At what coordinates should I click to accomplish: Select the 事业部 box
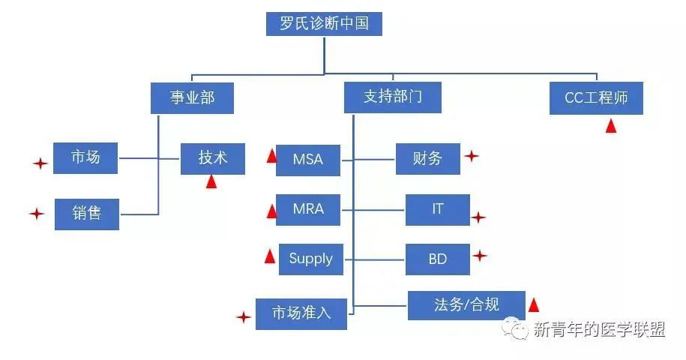[x=192, y=98]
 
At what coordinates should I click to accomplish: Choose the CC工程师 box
[x=596, y=98]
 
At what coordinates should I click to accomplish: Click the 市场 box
[x=85, y=158]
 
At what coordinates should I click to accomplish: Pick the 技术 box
[x=213, y=158]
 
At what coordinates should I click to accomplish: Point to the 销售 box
[x=87, y=214]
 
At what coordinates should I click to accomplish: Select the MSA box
[x=309, y=160]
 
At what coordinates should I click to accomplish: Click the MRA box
[x=308, y=209]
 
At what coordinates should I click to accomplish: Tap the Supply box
[x=310, y=259]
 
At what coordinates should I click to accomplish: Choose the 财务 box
[x=428, y=158]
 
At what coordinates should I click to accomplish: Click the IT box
[x=438, y=209]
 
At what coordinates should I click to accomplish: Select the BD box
[x=438, y=259]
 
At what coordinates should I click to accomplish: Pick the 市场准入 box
[x=301, y=313]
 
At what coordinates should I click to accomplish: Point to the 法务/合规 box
[x=466, y=304]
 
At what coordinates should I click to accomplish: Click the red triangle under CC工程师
[x=611, y=126]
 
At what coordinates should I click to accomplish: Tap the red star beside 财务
[x=471, y=156]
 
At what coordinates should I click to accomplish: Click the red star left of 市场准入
[x=243, y=317]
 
